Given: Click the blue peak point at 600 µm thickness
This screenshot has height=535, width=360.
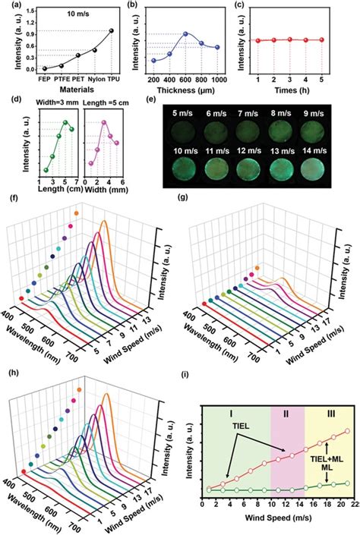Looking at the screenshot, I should click(186, 34).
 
